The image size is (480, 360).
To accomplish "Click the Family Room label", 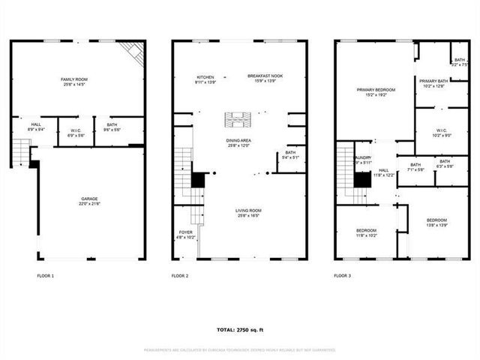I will click(x=74, y=79).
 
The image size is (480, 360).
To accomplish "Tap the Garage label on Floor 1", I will click(x=89, y=199).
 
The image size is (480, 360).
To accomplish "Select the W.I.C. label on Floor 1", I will click(x=75, y=127).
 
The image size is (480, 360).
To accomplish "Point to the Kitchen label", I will click(x=205, y=76).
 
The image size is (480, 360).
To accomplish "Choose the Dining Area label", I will click(x=239, y=140).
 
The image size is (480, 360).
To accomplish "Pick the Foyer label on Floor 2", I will click(x=185, y=232).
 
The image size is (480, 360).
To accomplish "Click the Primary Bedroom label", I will click(x=376, y=89).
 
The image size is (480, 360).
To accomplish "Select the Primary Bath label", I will click(x=433, y=81).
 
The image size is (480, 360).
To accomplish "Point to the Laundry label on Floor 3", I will click(x=364, y=158).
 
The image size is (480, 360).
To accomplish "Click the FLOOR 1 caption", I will click(x=46, y=276).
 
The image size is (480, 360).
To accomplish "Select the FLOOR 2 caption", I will click(x=180, y=276).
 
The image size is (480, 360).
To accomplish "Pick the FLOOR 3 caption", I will click(x=342, y=276).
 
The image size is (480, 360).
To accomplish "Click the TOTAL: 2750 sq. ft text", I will click(x=240, y=329).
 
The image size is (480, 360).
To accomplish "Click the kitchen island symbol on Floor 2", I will click(x=239, y=118).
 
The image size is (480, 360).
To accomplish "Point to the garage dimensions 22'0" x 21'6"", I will click(x=89, y=204).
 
